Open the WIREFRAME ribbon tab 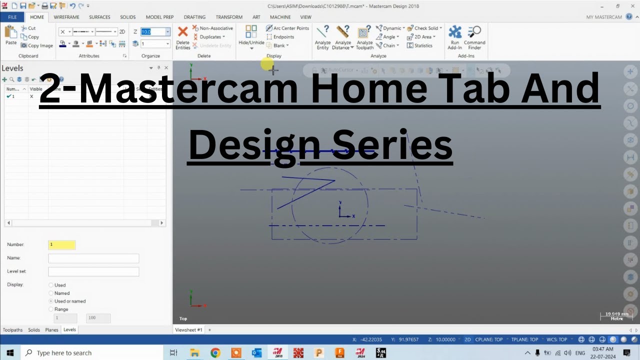coord(66,17)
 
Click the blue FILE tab coord(12,17)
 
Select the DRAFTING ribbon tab coord(194,17)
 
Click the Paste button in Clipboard coord(11,35)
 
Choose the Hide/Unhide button coord(251,36)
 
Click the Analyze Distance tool coord(343,37)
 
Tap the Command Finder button coord(474,37)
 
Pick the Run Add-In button coord(455,37)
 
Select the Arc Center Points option coord(287,28)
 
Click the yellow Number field coord(62,244)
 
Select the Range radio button coord(51,309)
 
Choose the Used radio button coord(51,285)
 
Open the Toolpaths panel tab coord(12,330)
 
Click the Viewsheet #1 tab coord(188,330)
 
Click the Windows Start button coord(10,353)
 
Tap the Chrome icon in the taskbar coord(215,353)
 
